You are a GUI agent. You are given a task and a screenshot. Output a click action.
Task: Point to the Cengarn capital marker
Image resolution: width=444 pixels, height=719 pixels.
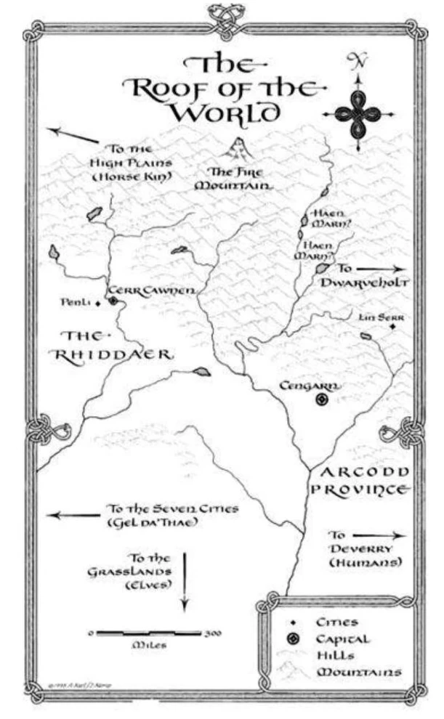322,399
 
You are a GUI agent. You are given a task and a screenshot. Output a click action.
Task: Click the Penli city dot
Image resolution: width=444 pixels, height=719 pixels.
98,304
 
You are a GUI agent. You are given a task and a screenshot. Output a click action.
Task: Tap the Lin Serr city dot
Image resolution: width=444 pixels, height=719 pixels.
393,327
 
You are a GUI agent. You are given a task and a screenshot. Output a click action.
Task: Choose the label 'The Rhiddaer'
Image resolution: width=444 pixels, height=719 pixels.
112,346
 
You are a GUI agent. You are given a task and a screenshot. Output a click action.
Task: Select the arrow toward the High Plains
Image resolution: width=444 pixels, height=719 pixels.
73,134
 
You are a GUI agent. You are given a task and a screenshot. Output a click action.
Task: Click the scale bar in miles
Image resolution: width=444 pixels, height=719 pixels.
149,633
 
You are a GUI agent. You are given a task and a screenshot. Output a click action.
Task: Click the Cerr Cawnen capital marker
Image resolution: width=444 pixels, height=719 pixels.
113,298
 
